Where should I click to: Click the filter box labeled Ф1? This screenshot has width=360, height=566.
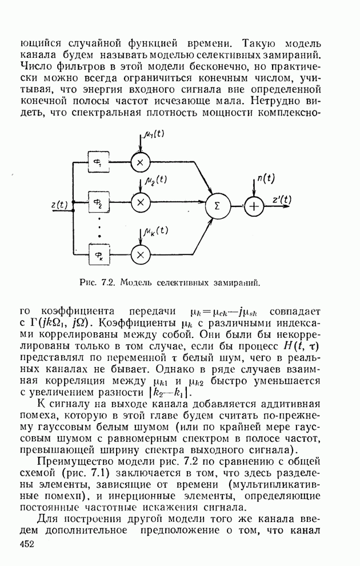click(x=99, y=163)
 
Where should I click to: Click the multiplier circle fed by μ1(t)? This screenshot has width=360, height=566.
click(x=139, y=162)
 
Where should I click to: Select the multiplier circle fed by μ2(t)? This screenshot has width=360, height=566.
click(x=139, y=202)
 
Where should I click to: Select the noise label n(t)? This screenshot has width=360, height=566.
click(x=265, y=178)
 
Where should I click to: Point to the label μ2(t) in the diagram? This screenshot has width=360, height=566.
click(x=154, y=180)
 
